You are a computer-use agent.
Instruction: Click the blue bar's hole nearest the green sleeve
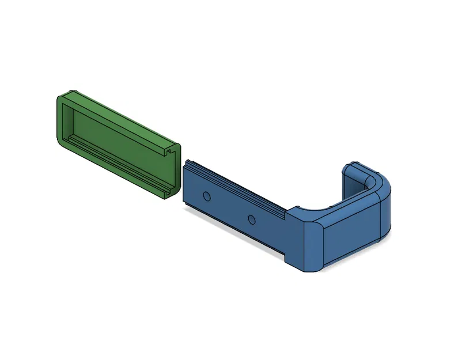click(207, 196)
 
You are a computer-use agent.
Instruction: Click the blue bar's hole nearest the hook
click(251, 219)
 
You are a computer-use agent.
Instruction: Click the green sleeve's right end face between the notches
click(173, 170)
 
